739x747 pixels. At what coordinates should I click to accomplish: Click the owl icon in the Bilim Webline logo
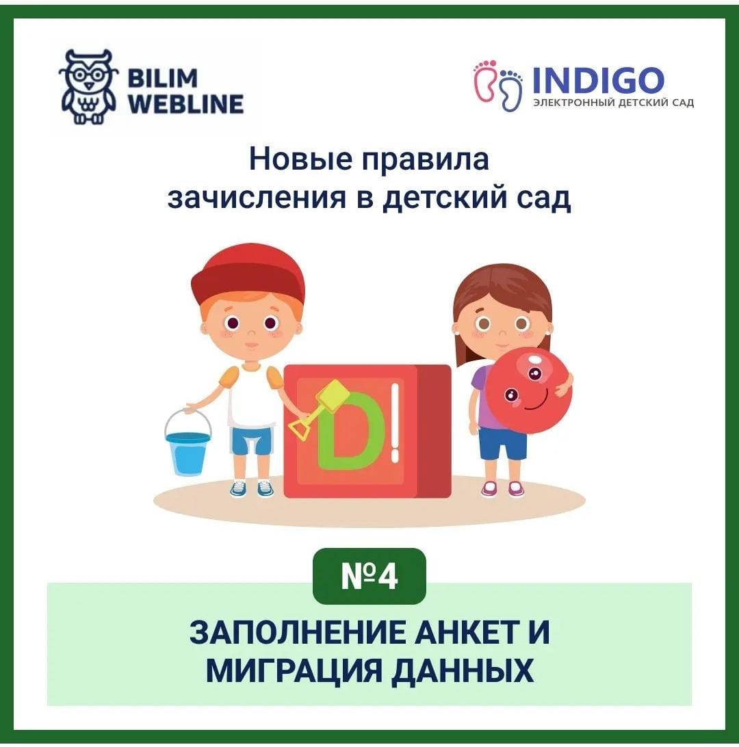[88, 87]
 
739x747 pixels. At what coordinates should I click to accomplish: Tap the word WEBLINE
[186, 105]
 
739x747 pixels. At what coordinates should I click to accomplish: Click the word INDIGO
[598, 79]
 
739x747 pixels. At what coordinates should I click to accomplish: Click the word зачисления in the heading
[257, 198]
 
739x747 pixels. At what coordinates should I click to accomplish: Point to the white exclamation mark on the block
[395, 423]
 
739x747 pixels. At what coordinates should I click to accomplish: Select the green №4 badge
[369, 576]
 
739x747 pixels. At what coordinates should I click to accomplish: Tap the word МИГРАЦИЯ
[294, 671]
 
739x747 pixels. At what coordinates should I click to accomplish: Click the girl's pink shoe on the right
[515, 489]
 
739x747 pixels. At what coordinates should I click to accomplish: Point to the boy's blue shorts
[252, 441]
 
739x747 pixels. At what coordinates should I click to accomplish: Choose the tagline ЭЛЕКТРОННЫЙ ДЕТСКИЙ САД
[613, 103]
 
